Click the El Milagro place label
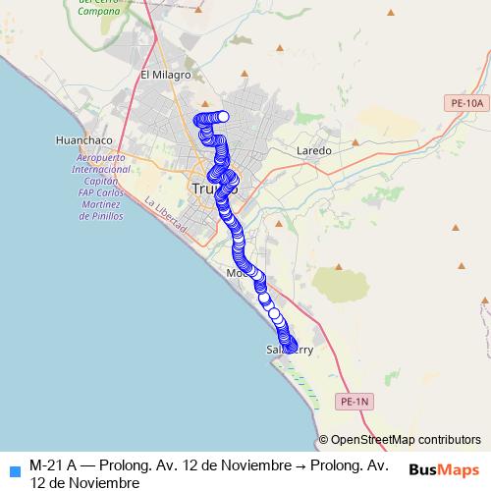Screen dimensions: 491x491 [164, 75]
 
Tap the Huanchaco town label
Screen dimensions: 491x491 [57, 139]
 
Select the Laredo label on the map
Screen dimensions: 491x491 [314, 151]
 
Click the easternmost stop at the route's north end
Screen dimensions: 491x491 [223, 117]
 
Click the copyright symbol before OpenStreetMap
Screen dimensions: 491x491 [324, 440]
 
